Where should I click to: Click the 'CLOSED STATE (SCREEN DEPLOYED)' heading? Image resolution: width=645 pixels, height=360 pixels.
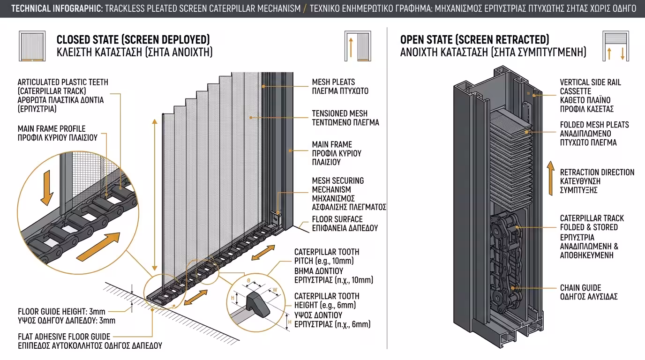pos(133,39)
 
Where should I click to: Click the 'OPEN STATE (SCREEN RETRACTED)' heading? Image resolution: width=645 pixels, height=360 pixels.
pos(474,39)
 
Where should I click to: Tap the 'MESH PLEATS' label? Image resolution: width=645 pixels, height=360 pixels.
pos(333,82)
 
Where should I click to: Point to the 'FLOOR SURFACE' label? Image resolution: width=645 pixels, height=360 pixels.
pos(337,219)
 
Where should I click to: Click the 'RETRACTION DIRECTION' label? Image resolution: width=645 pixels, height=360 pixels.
pos(597,172)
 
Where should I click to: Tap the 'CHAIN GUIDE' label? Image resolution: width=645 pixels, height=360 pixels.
pos(580,288)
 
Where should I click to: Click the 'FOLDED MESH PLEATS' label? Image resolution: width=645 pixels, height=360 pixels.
pos(594,125)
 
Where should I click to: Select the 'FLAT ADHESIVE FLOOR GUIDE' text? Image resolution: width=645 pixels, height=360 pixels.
pos(64,337)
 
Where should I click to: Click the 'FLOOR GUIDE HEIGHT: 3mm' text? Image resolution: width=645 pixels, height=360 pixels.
pos(61,311)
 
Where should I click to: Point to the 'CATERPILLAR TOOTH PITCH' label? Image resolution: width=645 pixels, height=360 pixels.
pos(327,256)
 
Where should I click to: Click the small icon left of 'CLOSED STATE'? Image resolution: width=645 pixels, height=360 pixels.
pos(32,46)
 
